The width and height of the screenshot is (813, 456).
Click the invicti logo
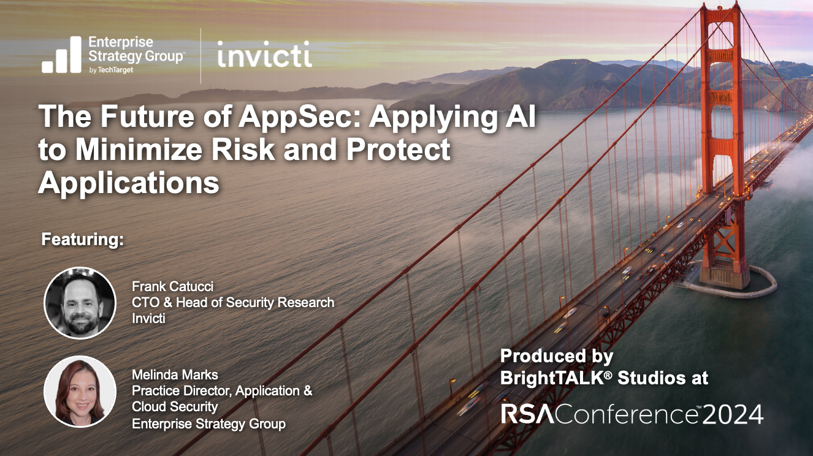tap(265, 54)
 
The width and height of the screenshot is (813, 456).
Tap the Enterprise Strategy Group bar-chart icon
tap(61, 55)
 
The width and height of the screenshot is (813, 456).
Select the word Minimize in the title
tap(139, 150)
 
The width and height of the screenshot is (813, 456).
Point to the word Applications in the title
tap(129, 183)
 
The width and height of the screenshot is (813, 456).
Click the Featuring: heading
tap(83, 240)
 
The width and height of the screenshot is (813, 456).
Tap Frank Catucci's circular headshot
tap(80, 303)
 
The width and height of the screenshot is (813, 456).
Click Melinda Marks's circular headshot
tap(80, 392)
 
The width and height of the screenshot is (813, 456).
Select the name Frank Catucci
tap(172, 287)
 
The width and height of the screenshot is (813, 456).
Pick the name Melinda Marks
tap(175, 374)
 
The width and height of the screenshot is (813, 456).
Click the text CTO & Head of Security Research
tap(233, 303)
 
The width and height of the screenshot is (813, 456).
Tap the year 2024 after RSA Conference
tap(733, 415)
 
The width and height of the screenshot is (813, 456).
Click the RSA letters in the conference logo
tap(528, 414)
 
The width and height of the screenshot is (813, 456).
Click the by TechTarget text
tap(111, 70)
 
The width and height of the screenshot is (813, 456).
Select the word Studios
tap(649, 378)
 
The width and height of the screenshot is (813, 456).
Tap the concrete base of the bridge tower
tap(726, 279)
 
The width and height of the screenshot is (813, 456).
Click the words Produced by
tap(557, 356)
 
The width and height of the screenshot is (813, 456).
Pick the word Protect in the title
tap(399, 150)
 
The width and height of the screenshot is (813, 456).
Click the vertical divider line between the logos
tap(200, 56)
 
